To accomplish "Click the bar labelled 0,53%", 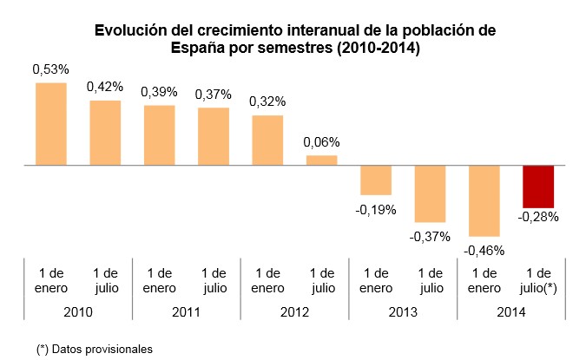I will (x=51, y=123).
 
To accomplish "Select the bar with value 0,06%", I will (x=321, y=160).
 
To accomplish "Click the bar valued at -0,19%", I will (x=376, y=180).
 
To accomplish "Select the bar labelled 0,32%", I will (x=267, y=140).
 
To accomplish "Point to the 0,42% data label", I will (x=105, y=87).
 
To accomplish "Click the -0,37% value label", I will (x=430, y=236).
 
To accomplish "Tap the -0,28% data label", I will (x=538, y=216).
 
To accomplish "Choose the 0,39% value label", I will (x=160, y=91).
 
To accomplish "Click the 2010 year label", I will (x=78, y=311).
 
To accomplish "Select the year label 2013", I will (x=403, y=311).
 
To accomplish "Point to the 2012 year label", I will (x=294, y=311).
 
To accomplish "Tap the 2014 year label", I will (x=511, y=311).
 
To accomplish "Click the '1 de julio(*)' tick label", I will (x=538, y=279).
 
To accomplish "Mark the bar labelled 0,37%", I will (x=214, y=135).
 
